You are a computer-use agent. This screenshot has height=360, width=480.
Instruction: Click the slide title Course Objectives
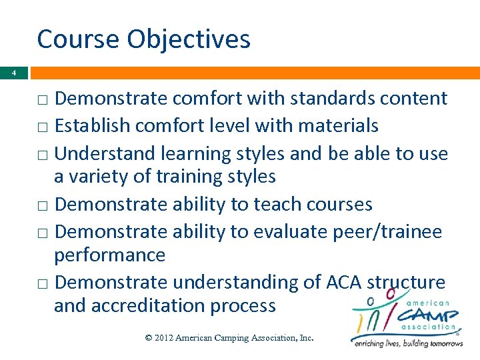[x=143, y=39]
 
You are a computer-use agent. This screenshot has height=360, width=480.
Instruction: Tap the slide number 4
[x=13, y=73]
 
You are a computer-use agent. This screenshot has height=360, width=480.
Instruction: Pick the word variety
[x=103, y=177]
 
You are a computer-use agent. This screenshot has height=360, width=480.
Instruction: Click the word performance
[x=109, y=255]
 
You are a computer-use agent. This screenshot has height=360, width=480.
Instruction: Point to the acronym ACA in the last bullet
[x=343, y=282]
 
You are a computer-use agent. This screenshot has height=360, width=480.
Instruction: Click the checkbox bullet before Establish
[x=42, y=127]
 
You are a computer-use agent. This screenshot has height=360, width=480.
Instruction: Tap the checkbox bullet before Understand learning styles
[x=42, y=154]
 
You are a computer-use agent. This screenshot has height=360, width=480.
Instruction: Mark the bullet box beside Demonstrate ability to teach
[x=42, y=205]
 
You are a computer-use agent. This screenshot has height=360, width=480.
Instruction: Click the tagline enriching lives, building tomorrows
[x=408, y=343]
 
